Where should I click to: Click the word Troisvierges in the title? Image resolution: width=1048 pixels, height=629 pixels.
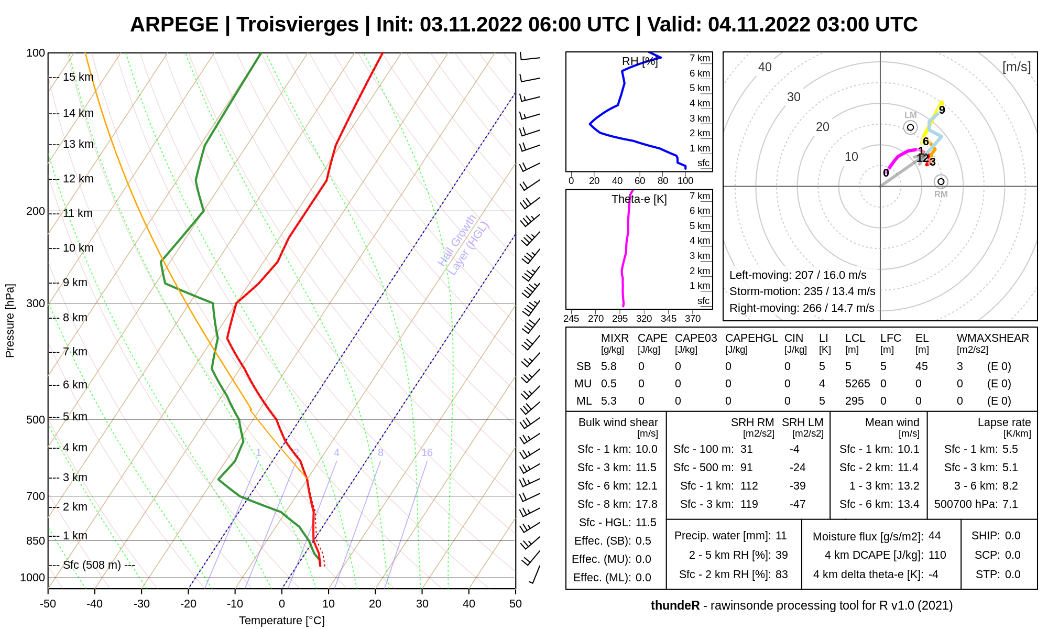(x=297, y=25)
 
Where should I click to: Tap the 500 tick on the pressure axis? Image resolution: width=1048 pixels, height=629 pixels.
(x=36, y=420)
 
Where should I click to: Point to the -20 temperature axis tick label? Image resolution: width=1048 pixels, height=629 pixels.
(x=188, y=604)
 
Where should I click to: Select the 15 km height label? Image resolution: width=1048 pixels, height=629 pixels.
(x=78, y=77)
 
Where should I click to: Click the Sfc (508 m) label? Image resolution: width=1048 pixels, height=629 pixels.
(x=92, y=565)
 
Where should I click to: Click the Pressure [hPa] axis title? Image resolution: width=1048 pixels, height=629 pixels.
(x=10, y=321)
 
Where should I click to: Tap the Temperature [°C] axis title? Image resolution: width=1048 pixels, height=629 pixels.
(x=281, y=621)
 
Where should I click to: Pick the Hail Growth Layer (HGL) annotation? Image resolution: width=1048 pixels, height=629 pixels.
(x=464, y=245)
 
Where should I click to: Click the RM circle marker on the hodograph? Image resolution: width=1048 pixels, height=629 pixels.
(x=941, y=182)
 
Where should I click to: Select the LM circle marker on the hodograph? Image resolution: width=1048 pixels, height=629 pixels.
(x=910, y=127)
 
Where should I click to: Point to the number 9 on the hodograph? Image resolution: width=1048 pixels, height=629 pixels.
(x=942, y=110)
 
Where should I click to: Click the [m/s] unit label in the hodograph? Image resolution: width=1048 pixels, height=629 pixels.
(x=1016, y=67)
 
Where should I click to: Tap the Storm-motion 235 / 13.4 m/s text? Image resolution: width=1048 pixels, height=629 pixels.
(x=802, y=291)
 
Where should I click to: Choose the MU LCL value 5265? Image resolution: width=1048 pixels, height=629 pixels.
(x=857, y=384)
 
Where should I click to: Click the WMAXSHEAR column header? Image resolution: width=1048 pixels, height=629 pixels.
(x=992, y=338)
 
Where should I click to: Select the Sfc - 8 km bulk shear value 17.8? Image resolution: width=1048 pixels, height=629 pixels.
(x=646, y=504)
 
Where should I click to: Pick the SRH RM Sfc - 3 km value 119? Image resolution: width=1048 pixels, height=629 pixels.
(x=749, y=504)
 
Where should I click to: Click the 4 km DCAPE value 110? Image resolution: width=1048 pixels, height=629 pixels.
(x=937, y=555)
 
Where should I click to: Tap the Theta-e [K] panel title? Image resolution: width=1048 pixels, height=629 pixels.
(x=639, y=199)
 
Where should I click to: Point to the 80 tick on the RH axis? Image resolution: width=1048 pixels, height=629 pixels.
(x=663, y=181)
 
